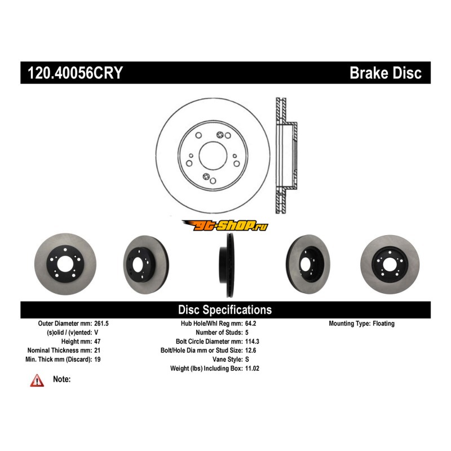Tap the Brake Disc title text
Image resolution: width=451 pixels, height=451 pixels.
pos(386,73)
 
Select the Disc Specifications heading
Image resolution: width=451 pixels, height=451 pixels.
pos(225,310)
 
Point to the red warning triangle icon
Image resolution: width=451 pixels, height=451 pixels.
pos(37,381)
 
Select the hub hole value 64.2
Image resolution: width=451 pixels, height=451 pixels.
pos(251,324)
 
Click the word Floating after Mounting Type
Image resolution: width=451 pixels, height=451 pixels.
pos(383,324)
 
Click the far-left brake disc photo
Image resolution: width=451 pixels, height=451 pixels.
pos(65,264)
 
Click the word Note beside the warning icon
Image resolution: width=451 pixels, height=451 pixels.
pos(61,379)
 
